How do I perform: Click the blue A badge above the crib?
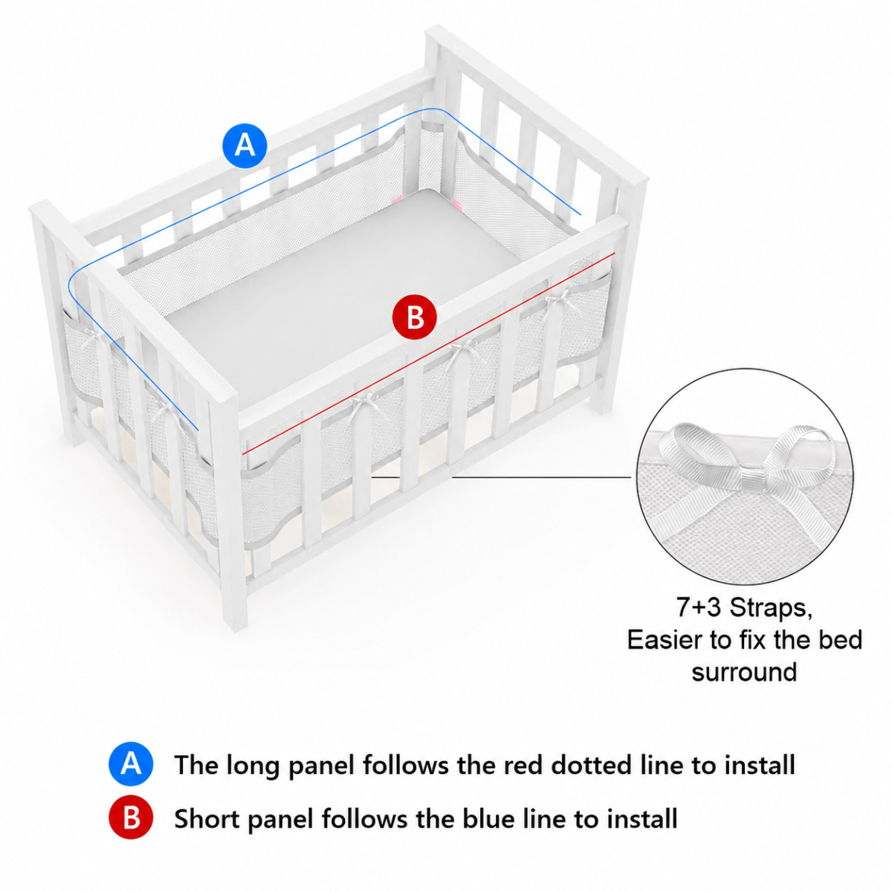pyautogui.click(x=245, y=146)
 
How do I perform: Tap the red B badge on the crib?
pyautogui.click(x=414, y=317)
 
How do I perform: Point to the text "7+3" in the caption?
pyautogui.click(x=699, y=607)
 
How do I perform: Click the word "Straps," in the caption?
pyautogui.click(x=771, y=607)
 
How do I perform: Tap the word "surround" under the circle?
pyautogui.click(x=744, y=672)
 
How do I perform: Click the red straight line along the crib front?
pyautogui.click(x=429, y=354)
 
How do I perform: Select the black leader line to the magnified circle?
pyautogui.click(x=542, y=476)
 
